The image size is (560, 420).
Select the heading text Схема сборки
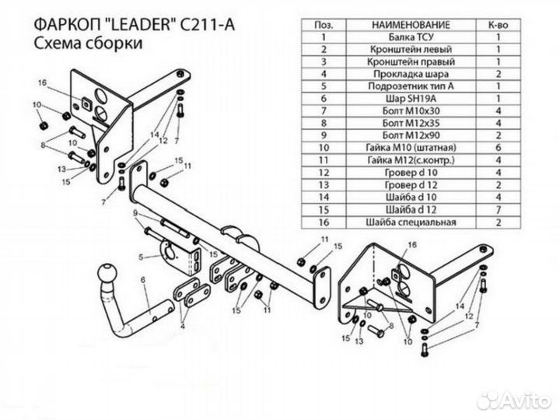88,45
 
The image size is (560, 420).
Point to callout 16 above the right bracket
412,244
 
